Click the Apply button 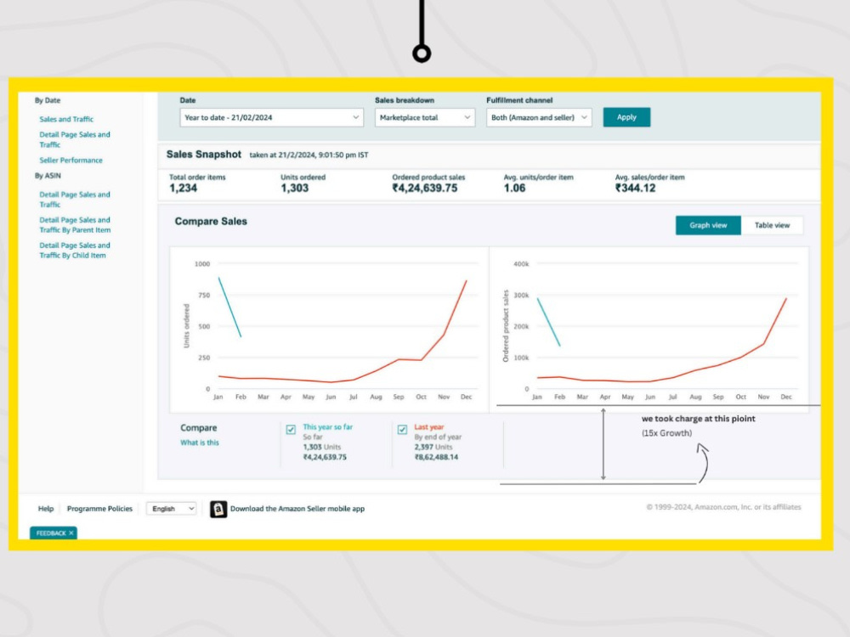pyautogui.click(x=626, y=117)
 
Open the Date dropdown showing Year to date pyautogui.click(x=271, y=117)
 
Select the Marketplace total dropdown pyautogui.click(x=424, y=117)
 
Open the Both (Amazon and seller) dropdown pyautogui.click(x=538, y=117)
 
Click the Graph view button pyautogui.click(x=708, y=225)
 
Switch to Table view pyautogui.click(x=772, y=225)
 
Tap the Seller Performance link pyautogui.click(x=71, y=161)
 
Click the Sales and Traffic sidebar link pyautogui.click(x=66, y=119)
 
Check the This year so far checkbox pyautogui.click(x=291, y=430)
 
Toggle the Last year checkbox pyautogui.click(x=402, y=430)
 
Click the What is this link pyautogui.click(x=200, y=443)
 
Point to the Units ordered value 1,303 pyautogui.click(x=294, y=188)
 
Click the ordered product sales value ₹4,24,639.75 pyautogui.click(x=425, y=188)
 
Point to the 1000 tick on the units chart pyautogui.click(x=202, y=264)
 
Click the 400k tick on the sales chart pyautogui.click(x=521, y=264)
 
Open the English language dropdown pyautogui.click(x=172, y=509)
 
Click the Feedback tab pyautogui.click(x=53, y=533)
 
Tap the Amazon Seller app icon pyautogui.click(x=218, y=509)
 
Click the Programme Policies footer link pyautogui.click(x=99, y=509)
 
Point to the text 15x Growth pyautogui.click(x=666, y=433)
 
